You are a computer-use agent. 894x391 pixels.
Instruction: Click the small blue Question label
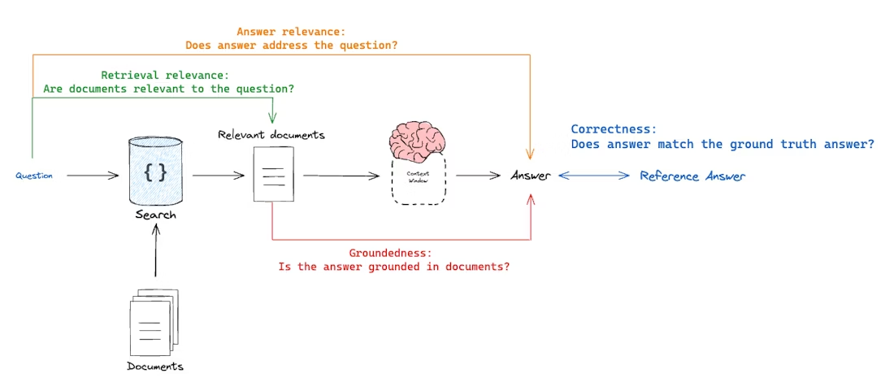click(34, 176)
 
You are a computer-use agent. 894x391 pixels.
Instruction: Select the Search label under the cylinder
click(156, 215)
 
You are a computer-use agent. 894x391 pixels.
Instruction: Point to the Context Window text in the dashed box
click(417, 176)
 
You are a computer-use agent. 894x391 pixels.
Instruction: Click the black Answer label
click(530, 176)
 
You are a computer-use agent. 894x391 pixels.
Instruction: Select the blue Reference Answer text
click(692, 176)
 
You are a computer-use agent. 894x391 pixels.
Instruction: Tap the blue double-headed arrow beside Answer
click(594, 176)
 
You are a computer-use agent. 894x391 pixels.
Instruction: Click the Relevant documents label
click(271, 134)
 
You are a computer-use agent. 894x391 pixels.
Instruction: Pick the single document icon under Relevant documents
click(272, 174)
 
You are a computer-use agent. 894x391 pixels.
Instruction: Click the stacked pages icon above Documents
click(154, 323)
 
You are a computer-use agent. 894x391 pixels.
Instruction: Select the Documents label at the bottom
click(155, 366)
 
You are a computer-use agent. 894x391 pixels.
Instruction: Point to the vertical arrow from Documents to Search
click(156, 252)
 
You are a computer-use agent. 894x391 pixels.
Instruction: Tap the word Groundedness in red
click(384, 253)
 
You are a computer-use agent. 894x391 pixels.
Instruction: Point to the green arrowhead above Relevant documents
click(272, 119)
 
